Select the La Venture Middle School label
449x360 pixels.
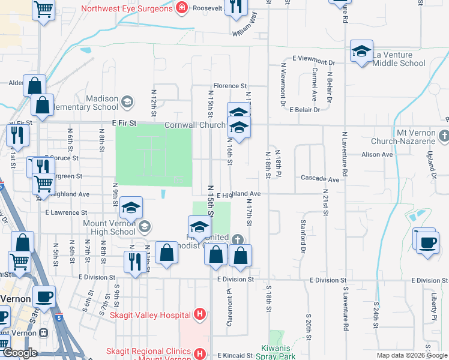(399, 59)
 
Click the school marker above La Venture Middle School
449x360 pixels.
(361, 51)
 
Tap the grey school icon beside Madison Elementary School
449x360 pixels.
(127, 101)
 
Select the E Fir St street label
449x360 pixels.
(125, 123)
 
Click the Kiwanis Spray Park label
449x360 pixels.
(279, 352)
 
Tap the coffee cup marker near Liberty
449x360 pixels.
(427, 242)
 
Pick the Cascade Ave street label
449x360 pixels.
(320, 179)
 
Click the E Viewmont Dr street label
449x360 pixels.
(313, 61)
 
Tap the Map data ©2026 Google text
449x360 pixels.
(412, 355)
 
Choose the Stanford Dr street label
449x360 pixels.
(303, 235)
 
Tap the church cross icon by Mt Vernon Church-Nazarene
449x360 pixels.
(444, 136)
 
